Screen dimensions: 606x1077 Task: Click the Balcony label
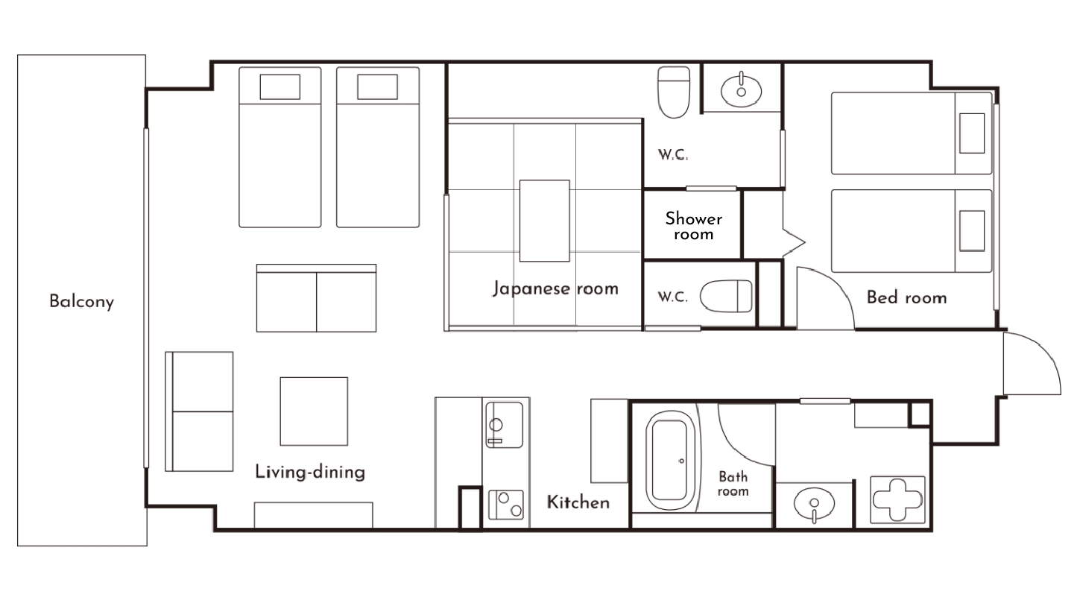81,302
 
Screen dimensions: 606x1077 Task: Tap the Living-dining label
310,472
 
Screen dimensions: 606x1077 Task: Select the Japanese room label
555,288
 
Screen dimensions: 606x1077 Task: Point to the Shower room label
693,226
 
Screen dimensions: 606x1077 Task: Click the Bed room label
906,297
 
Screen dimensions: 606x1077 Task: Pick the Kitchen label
578,502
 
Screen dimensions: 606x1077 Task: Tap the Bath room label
733,484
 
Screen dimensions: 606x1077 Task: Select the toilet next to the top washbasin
675,92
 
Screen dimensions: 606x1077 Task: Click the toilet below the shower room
727,296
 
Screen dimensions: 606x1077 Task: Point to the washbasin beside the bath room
814,505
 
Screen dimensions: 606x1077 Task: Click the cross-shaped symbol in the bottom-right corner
898,501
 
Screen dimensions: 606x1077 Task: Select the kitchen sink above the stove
504,424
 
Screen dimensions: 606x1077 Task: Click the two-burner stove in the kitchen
505,505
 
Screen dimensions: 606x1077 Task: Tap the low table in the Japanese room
545,220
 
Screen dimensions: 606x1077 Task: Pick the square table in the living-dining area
314,411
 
